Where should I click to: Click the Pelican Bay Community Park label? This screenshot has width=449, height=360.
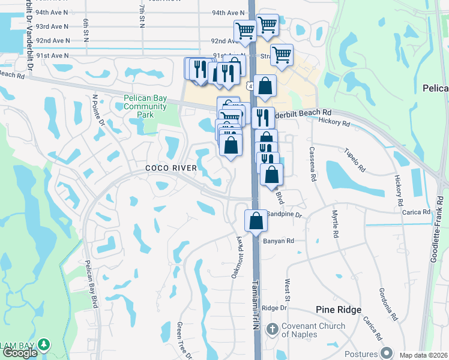click(x=145, y=106)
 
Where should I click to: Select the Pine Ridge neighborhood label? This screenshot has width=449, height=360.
click(x=339, y=310)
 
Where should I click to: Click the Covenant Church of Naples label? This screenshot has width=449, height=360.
click(x=312, y=331)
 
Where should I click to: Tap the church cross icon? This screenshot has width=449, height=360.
click(x=272, y=328)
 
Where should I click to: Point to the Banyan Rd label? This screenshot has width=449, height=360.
click(x=279, y=241)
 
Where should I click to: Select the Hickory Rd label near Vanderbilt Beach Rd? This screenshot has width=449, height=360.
click(x=334, y=122)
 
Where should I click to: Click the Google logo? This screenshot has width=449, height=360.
click(x=20, y=353)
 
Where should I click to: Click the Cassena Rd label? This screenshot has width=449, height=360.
click(x=313, y=164)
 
